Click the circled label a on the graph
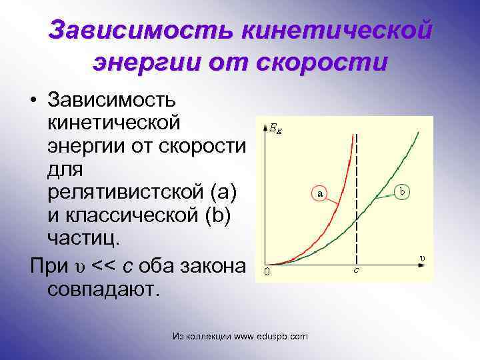click(x=320, y=193)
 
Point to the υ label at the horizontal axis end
click(x=421, y=257)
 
